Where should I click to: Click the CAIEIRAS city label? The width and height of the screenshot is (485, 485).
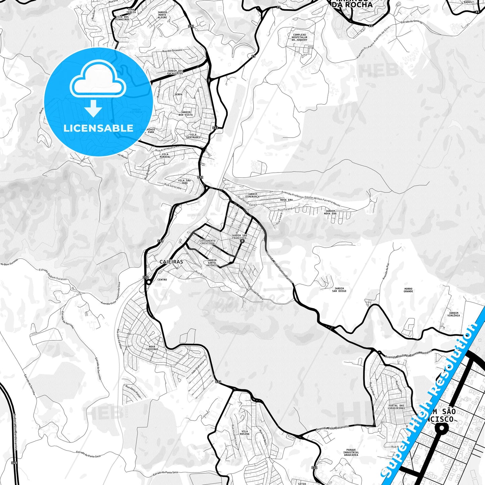(171, 262)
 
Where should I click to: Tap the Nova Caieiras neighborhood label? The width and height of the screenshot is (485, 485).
(152, 348)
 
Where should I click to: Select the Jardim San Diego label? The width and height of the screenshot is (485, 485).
(339, 290)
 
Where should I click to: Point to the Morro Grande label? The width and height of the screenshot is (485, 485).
(408, 290)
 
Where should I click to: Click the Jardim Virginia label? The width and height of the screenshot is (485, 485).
(453, 314)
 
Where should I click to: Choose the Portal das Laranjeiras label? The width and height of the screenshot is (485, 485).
(396, 407)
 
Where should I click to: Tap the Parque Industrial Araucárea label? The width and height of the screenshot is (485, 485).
(351, 452)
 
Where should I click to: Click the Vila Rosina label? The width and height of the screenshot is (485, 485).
(245, 433)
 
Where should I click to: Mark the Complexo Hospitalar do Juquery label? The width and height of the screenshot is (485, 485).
(299, 37)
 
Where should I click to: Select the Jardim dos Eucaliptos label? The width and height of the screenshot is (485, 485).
(175, 72)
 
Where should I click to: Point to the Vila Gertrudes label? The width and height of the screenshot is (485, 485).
(193, 136)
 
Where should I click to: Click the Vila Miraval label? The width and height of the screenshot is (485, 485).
(165, 155)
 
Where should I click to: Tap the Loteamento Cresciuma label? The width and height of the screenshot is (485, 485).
(207, 242)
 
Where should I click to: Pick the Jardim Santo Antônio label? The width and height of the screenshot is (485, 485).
(212, 263)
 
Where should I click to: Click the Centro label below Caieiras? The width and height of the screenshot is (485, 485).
(162, 280)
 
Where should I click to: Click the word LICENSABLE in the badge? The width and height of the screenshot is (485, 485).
(98, 128)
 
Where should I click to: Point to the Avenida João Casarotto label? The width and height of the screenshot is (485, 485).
(332, 428)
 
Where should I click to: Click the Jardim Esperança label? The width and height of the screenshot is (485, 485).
(252, 195)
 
